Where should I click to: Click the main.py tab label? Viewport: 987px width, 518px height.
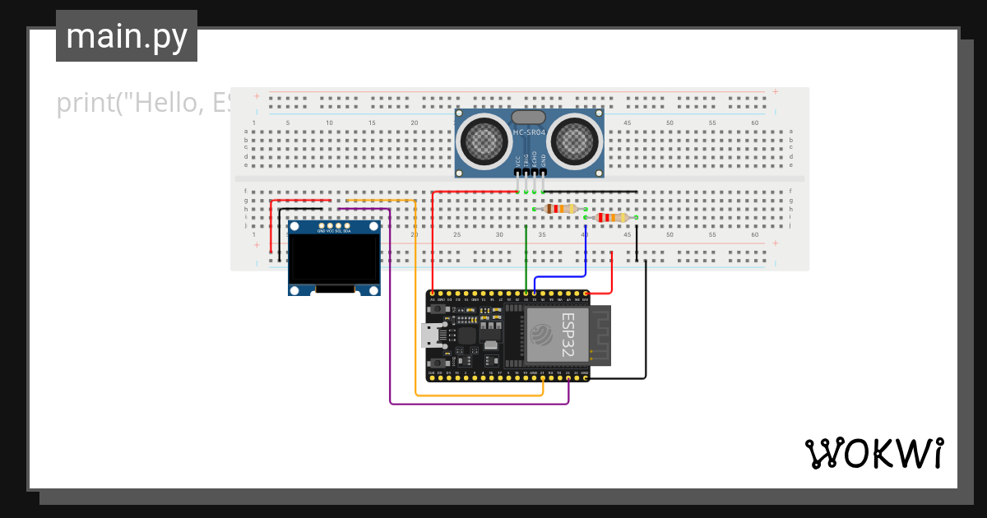pos(127,36)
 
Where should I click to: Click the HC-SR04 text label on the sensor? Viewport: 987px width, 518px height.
pos(530,132)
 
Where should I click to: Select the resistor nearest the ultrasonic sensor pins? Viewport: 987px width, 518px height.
pos(561,209)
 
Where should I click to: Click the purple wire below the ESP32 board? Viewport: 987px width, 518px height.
pos(477,404)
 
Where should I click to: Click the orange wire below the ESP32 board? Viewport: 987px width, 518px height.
pos(477,395)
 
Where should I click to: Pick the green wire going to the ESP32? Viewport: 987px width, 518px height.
pos(526,263)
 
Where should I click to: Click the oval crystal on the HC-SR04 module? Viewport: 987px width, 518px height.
pos(529,118)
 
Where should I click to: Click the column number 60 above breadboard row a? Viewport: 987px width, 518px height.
pos(755,123)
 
